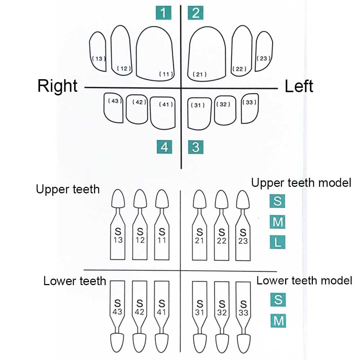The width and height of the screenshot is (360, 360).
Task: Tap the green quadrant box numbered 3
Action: pyautogui.click(x=196, y=147)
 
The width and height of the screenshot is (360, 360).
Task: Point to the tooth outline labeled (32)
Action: pyautogui.click(x=225, y=110)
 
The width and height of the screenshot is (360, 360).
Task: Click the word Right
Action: pyautogui.click(x=58, y=86)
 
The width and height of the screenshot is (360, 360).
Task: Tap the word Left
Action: pyautogui.click(x=299, y=86)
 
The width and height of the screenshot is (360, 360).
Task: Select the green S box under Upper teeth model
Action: pyautogui.click(x=278, y=201)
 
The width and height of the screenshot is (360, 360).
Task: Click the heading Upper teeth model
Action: pyautogui.click(x=301, y=183)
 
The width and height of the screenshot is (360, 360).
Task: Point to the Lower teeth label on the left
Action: pyautogui.click(x=75, y=281)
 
